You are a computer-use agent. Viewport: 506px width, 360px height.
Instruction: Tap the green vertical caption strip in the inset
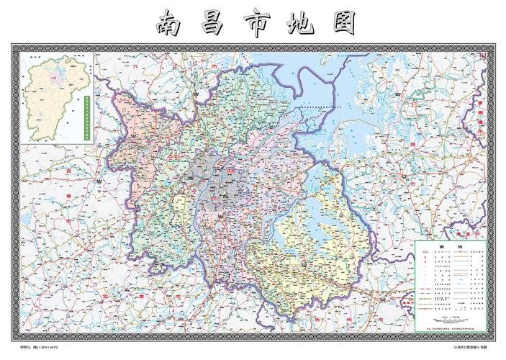86,115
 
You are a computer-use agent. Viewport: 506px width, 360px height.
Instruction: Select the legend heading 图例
451,247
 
